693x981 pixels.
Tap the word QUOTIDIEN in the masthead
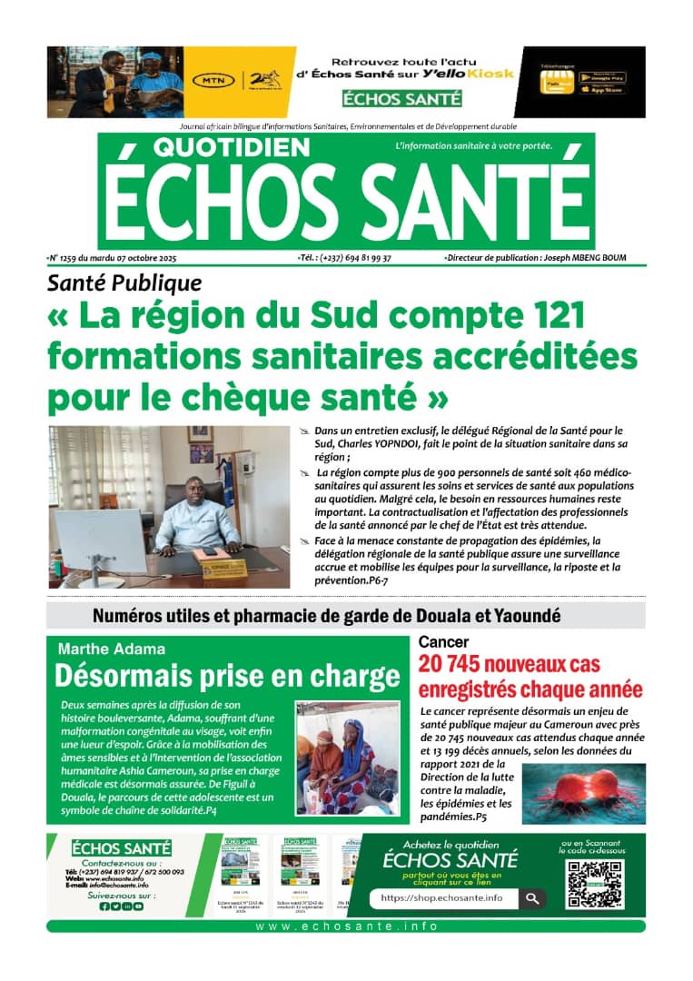[x=219, y=147]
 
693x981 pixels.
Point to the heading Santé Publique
[x=124, y=283]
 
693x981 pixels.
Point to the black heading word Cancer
[x=443, y=642]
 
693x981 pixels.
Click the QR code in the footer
[x=595, y=884]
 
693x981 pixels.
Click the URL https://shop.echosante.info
[x=441, y=897]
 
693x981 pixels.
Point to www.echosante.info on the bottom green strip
[x=346, y=926]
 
